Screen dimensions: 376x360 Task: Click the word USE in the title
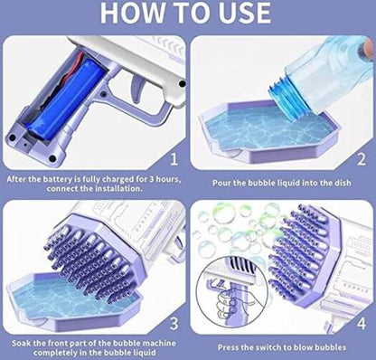click(x=247, y=13)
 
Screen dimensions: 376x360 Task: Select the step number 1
click(x=174, y=159)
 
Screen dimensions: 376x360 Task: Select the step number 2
click(x=362, y=159)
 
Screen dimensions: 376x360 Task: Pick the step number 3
click(x=174, y=324)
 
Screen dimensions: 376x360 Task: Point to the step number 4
click(x=362, y=324)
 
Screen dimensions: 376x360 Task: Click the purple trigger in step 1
click(x=137, y=89)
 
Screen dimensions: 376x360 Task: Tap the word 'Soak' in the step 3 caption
click(x=22, y=343)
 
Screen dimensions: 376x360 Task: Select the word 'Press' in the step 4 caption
click(x=229, y=347)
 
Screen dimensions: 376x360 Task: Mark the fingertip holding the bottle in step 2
click(x=368, y=47)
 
